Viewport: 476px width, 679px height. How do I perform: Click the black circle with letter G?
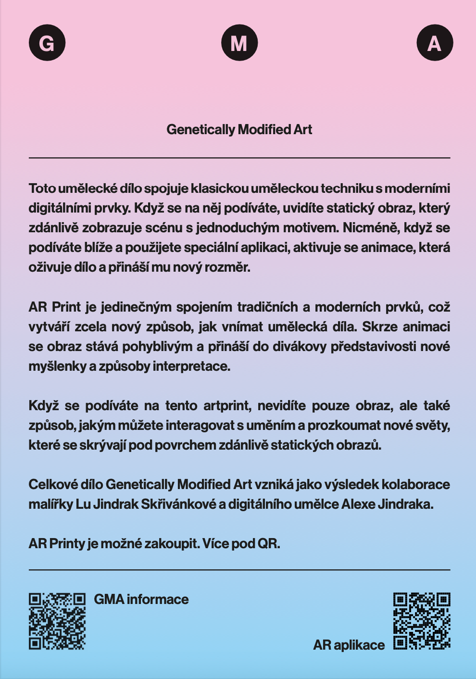[47, 43]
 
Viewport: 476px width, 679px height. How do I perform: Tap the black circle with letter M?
[239, 43]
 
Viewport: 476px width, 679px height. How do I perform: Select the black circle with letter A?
[435, 43]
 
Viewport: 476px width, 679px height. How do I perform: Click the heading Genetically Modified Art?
[239, 129]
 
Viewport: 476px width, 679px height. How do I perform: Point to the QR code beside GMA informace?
[57, 621]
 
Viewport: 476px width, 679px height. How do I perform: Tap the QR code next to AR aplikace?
[422, 621]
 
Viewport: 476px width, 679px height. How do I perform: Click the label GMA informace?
[141, 599]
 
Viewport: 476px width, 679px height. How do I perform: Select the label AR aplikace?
[349, 645]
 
